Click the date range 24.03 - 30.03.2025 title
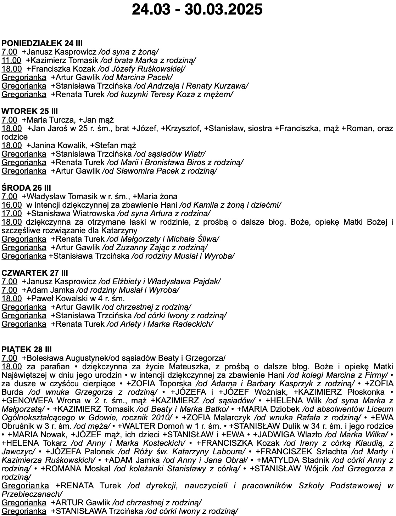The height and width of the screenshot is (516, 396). pyautogui.click(x=197, y=10)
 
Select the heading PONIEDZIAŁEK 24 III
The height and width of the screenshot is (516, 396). pyautogui.click(x=42, y=43)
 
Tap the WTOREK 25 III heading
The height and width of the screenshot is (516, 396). pyautogui.click(x=30, y=111)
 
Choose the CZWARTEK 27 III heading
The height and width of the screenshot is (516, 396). pyautogui.click(x=35, y=273)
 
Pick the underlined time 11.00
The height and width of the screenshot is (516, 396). pyautogui.click(x=11, y=60)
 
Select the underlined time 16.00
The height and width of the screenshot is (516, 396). pyautogui.click(x=11, y=205)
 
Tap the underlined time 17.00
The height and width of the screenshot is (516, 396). pyautogui.click(x=11, y=213)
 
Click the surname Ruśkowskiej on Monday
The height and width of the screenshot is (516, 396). pyautogui.click(x=163, y=69)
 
